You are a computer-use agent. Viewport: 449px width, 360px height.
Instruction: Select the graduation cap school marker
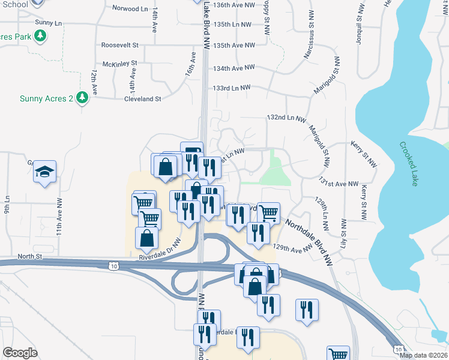pyautogui.click(x=44, y=173)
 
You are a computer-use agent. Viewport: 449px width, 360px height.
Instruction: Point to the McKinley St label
pyautogui.click(x=120, y=63)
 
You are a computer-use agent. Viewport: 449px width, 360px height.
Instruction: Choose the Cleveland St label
pyautogui.click(x=142, y=99)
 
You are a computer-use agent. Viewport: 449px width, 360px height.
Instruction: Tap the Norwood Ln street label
pyautogui.click(x=130, y=8)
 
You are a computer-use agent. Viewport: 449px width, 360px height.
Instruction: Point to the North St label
pyautogui.click(x=29, y=256)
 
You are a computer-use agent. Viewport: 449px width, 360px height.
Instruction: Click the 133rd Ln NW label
pyautogui.click(x=231, y=88)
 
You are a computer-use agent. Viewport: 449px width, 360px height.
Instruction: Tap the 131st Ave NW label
pyautogui.click(x=339, y=184)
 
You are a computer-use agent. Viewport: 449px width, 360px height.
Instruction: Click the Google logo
pyautogui.click(x=20, y=353)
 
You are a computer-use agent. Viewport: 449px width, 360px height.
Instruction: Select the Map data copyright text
pyautogui.click(x=423, y=355)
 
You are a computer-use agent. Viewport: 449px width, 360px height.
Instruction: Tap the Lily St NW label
pyautogui.click(x=343, y=232)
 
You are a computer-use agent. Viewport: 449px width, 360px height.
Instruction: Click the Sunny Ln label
pyautogui.click(x=49, y=23)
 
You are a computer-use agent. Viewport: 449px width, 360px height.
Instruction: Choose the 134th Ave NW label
pyautogui.click(x=234, y=68)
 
